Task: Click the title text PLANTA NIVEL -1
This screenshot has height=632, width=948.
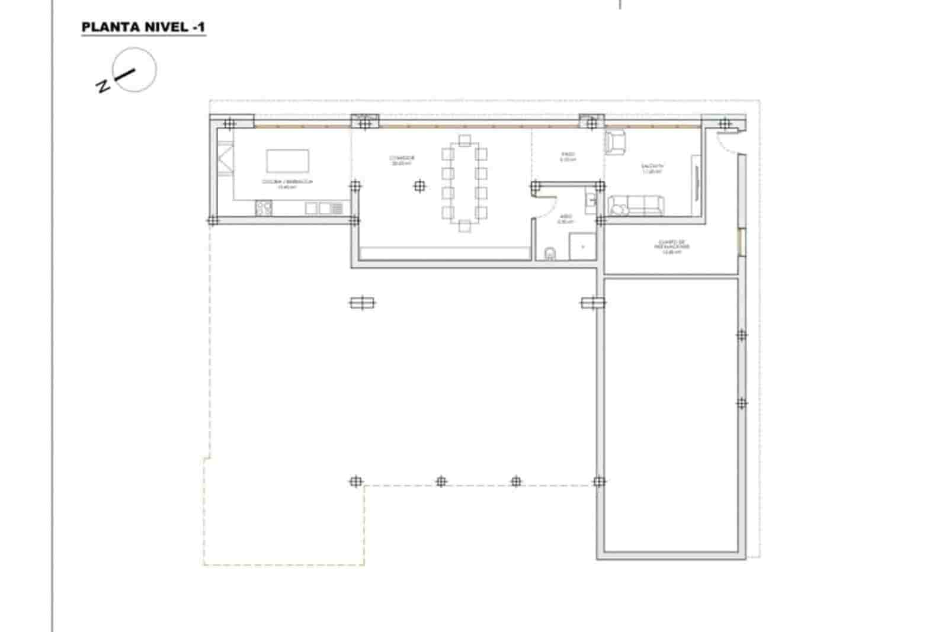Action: tap(143, 27)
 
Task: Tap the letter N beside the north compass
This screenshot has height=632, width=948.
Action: tap(103, 86)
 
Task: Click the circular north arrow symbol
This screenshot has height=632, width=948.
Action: tap(135, 70)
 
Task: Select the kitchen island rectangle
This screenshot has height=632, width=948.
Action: tap(287, 161)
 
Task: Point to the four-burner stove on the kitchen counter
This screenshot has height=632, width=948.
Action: tap(264, 207)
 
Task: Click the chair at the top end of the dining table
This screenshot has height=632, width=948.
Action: tap(465, 141)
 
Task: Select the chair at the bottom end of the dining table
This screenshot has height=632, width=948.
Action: tap(465, 225)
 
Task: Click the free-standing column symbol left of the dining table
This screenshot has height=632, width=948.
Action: tap(419, 187)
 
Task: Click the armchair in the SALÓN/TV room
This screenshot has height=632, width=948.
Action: tap(615, 142)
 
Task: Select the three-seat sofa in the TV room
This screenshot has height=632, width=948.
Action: tap(636, 205)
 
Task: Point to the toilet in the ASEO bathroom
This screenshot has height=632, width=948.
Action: tap(550, 254)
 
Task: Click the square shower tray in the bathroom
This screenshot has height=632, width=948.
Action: tap(582, 246)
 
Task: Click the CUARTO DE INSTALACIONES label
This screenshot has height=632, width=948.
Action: tap(672, 247)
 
